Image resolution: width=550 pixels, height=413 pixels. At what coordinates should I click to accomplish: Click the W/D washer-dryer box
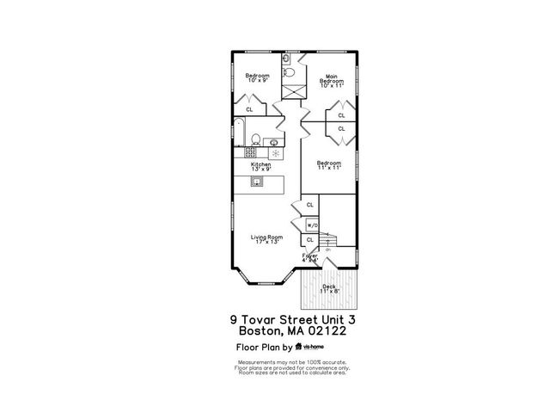click(x=310, y=225)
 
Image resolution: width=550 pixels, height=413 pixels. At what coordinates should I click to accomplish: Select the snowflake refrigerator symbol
click(x=276, y=153)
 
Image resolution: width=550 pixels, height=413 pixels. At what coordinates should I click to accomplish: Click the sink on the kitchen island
click(x=256, y=182)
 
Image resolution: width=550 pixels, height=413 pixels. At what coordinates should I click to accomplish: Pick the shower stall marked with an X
click(x=294, y=90)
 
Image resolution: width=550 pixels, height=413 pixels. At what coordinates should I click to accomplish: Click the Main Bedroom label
click(x=331, y=81)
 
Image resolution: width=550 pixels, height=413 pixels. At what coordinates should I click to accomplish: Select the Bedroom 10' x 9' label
click(x=257, y=78)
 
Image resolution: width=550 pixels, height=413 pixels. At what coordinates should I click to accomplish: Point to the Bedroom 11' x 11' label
click(x=327, y=165)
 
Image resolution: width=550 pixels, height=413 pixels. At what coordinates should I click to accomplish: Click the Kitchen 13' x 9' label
click(x=260, y=167)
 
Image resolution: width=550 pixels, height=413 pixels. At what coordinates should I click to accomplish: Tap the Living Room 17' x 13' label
click(x=266, y=239)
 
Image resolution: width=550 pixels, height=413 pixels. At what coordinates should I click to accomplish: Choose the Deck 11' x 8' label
click(x=328, y=288)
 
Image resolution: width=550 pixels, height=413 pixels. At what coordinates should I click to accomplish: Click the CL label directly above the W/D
click(x=309, y=206)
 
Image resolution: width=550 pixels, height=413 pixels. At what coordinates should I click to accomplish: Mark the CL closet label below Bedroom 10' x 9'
click(x=249, y=109)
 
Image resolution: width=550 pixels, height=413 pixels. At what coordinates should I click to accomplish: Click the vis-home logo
click(x=307, y=347)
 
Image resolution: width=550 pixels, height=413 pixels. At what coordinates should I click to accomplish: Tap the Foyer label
click(x=309, y=256)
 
